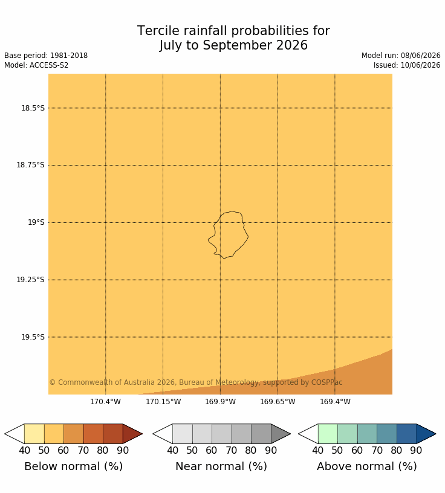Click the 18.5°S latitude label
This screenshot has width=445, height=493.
(33, 108)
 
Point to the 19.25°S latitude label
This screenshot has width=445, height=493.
(30, 280)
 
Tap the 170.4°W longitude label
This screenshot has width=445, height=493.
(105, 402)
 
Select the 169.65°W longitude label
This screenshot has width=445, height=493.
(278, 402)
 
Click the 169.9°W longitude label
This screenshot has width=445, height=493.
(220, 402)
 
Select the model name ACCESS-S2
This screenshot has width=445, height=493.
(49, 65)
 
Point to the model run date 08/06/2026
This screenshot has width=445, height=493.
(420, 56)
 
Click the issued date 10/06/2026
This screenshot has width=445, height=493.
(420, 65)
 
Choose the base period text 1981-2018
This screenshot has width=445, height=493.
(69, 56)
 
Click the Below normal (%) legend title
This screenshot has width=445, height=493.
(73, 466)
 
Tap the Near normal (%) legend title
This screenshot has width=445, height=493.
(221, 466)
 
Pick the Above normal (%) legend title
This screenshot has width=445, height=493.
(367, 466)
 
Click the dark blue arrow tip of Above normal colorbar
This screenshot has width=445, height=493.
(436, 434)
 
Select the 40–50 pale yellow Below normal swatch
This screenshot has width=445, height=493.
(34, 434)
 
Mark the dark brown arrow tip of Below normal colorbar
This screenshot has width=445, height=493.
(142, 434)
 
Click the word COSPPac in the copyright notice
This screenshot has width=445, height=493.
(326, 382)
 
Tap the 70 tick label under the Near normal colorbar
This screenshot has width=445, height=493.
(232, 451)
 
